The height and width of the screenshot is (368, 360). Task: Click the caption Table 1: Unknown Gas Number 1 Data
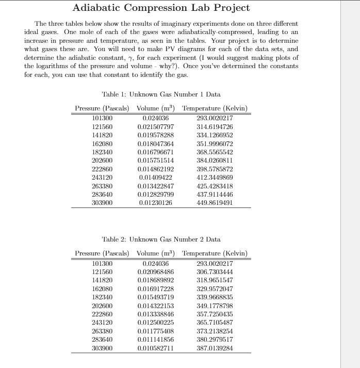click(x=161, y=94)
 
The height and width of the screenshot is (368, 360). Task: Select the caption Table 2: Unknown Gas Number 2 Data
click(x=161, y=239)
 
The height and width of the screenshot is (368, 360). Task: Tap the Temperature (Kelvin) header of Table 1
click(x=215, y=108)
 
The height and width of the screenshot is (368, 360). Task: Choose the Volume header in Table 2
click(x=156, y=253)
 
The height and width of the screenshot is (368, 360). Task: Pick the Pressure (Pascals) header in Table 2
click(x=102, y=253)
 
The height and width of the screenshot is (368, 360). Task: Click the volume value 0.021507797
click(x=156, y=127)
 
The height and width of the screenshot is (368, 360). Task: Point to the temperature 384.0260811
click(x=215, y=161)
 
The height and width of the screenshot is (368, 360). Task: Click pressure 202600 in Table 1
click(x=102, y=161)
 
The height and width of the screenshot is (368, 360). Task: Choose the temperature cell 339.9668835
click(x=215, y=297)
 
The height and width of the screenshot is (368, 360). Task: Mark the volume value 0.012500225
click(x=156, y=322)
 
